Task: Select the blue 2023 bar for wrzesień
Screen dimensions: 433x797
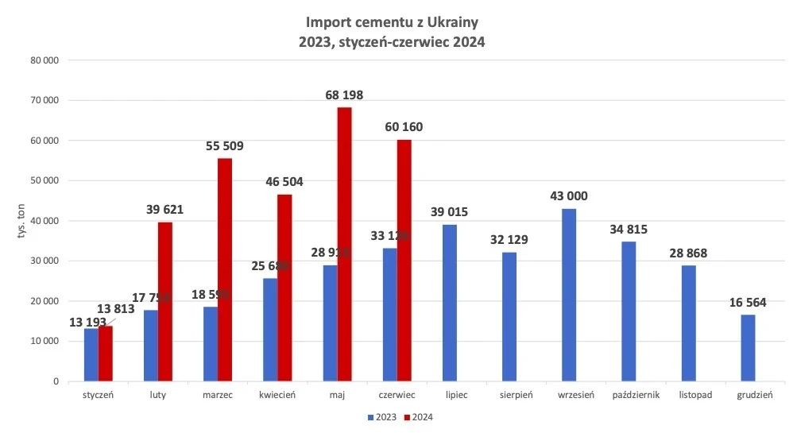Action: (569, 295)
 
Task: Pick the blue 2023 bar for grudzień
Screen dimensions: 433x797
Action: (748, 348)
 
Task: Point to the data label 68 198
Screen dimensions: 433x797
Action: (344, 95)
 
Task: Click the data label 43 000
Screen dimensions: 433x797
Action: (569, 197)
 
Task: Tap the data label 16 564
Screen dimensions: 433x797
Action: (748, 303)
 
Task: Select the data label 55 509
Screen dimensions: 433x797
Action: (225, 146)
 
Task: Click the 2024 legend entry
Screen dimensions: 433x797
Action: (422, 416)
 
